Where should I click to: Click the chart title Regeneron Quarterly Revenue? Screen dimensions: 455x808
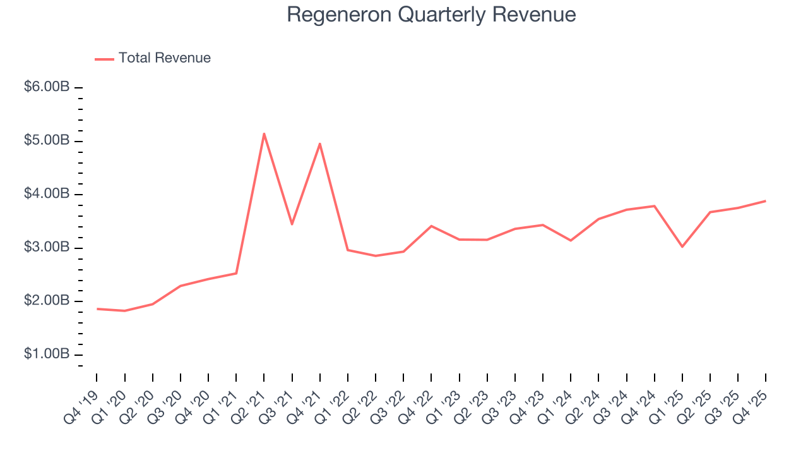[431, 15]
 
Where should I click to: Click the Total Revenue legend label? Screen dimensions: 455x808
[164, 58]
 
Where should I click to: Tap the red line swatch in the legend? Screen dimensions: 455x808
[104, 59]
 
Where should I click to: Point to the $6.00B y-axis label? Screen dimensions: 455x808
[47, 87]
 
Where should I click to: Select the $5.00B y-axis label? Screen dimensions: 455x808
[47, 140]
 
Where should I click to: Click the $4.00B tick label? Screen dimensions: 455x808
[47, 194]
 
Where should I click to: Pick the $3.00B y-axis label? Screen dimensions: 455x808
[47, 247]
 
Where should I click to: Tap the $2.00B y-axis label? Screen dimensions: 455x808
[47, 301]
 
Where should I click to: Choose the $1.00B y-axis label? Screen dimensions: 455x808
[47, 354]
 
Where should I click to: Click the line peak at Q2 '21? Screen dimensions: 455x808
[264, 133]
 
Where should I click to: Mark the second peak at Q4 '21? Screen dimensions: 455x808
[320, 143]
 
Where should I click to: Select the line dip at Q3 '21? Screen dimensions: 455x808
[292, 224]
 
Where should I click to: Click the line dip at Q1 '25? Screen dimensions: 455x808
[682, 246]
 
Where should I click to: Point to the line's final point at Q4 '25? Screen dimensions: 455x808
[766, 201]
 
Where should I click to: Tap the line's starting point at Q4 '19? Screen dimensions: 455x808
[97, 308]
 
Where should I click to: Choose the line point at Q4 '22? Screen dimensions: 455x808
[431, 226]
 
